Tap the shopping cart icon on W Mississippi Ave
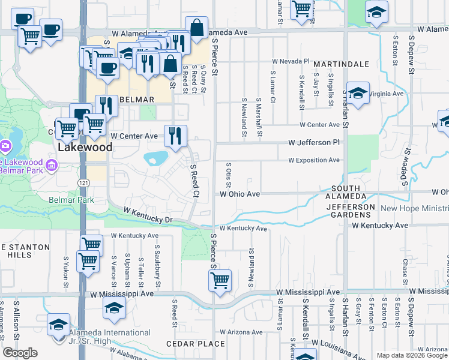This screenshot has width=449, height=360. click(220, 280)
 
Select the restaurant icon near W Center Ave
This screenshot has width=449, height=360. click(175, 136)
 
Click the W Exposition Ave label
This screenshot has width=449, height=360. click(314, 160)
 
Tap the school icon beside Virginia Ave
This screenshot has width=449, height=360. click(358, 93)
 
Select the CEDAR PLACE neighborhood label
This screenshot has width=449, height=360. click(196, 344)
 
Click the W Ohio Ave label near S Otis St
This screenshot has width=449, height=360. click(240, 194)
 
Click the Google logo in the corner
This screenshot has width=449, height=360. click(20, 353)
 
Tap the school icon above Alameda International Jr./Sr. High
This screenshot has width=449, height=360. click(58, 325)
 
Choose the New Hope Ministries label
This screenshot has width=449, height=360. click(415, 209)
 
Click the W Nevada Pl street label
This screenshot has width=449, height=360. click(291, 61)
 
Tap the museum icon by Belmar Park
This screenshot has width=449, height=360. click(52, 166)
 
